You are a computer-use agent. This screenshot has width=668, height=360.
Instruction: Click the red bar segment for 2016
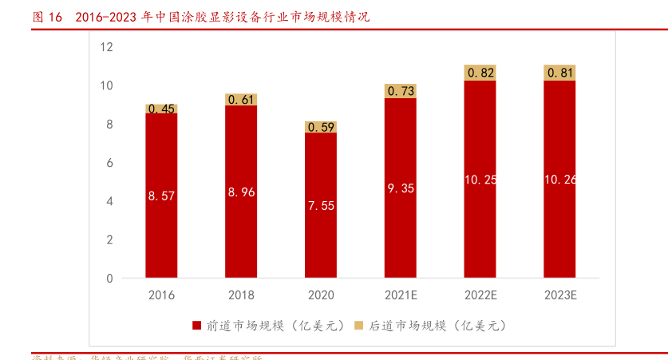pos(161,231)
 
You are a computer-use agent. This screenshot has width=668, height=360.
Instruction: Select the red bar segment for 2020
pos(321,239)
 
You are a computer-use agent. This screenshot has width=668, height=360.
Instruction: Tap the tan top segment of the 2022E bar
pos(480,73)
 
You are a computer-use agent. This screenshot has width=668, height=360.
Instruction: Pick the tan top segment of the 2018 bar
pos(241,100)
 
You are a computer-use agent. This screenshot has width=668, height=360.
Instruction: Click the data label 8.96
pos(241,192)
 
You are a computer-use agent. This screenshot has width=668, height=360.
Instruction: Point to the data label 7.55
pos(321,205)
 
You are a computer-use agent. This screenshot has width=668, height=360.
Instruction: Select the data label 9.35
pos(401,188)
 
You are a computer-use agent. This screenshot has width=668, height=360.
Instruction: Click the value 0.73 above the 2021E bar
pos(401,91)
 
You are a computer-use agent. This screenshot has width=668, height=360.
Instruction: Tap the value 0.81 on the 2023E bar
pos(560,73)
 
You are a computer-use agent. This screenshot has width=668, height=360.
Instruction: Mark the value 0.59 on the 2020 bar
pos(321,127)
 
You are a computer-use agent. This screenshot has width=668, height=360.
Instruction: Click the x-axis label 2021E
pos(401,295)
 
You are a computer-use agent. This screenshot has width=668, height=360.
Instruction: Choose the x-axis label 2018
pos(241,295)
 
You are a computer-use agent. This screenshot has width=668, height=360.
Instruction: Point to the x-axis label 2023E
pos(560,295)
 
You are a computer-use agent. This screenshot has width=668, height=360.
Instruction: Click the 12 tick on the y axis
pos(107,47)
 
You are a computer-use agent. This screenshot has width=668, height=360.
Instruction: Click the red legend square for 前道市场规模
pos(196,326)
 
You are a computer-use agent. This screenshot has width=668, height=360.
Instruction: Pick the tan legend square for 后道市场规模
pos(358,326)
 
